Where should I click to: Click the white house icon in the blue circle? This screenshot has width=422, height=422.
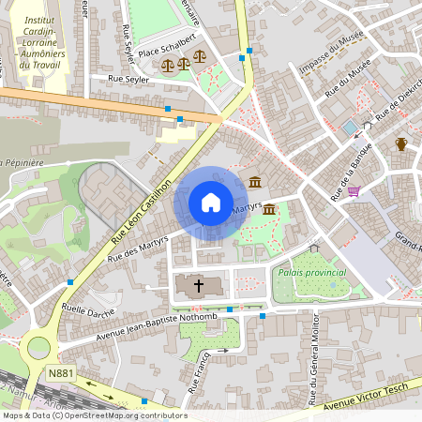[x=211, y=202]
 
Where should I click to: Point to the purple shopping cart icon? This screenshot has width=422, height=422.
[x=354, y=191]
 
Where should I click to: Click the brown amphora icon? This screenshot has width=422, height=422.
[x=401, y=143]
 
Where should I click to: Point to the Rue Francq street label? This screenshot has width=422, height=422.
[x=199, y=370]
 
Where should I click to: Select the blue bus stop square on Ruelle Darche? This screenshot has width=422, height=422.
[x=69, y=281]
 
